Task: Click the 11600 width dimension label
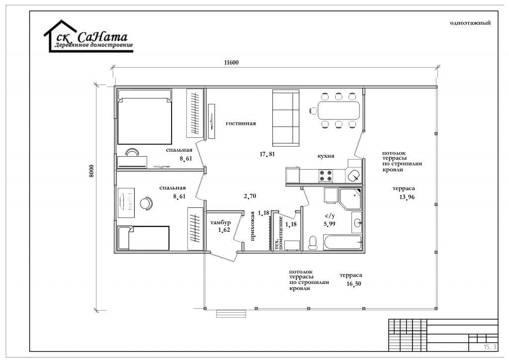tap(231, 62)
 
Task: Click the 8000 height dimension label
tap(91, 171)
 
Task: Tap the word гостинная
tap(241, 123)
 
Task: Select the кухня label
tap(326, 156)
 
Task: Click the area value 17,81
tap(267, 154)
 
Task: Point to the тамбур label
tap(220, 223)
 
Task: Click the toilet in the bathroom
tap(313, 243)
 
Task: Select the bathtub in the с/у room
tap(342, 243)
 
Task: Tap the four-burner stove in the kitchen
tap(326, 176)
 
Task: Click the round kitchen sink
tap(353, 177)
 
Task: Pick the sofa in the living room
tap(286, 118)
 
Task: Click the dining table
tap(339, 111)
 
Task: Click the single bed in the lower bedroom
tap(144, 238)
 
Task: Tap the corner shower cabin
tap(350, 199)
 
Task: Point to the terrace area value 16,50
tap(354, 284)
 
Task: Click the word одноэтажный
tap(470, 23)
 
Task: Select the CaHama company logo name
tap(102, 37)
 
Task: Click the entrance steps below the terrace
tap(232, 314)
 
